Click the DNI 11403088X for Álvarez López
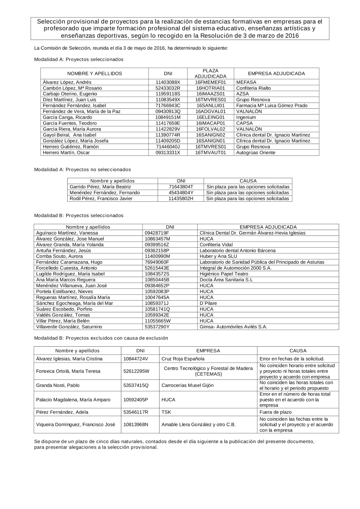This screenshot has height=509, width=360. (x=168, y=82)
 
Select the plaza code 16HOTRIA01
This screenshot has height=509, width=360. (x=210, y=88)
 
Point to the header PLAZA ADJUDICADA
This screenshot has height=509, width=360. (x=211, y=73)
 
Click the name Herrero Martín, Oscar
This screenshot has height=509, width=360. (x=66, y=153)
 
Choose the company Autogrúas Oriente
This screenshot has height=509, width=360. (x=256, y=153)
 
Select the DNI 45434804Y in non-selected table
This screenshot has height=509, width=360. (x=181, y=193)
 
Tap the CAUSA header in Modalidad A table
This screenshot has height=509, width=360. (x=248, y=181)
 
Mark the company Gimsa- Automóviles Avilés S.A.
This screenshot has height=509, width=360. (x=233, y=327)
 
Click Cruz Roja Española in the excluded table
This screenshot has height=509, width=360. (x=183, y=359)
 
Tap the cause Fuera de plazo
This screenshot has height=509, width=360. (x=275, y=412)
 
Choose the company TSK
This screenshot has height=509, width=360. (x=166, y=412)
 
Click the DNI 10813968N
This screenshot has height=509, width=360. (x=136, y=424)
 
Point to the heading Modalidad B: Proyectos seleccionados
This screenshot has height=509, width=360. (x=78, y=216)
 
